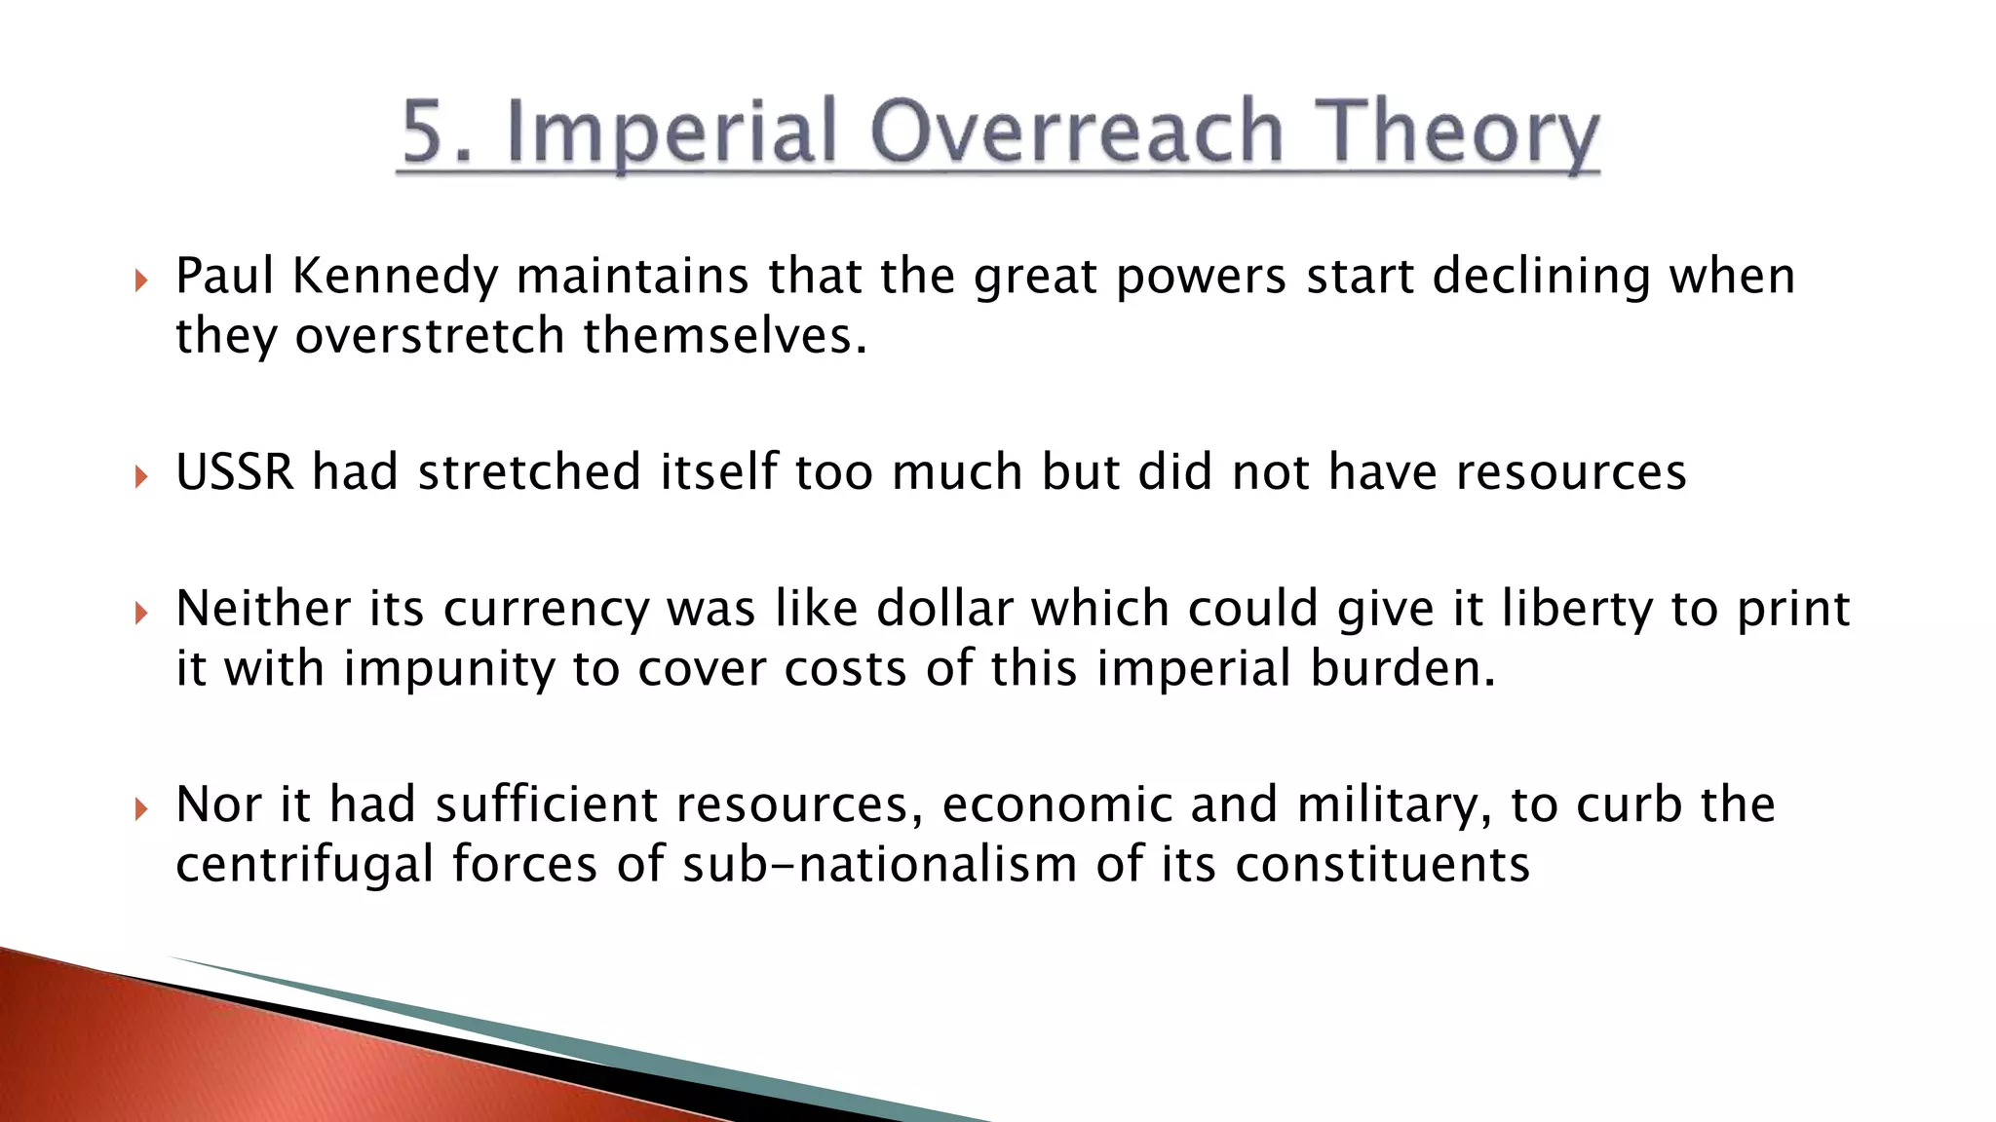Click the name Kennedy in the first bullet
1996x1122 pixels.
[395, 277]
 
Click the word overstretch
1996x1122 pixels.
[430, 336]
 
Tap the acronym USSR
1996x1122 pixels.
[235, 472]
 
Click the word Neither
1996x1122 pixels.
[262, 609]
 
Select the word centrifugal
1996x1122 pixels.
[304, 865]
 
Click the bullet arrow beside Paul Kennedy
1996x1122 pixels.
[141, 281]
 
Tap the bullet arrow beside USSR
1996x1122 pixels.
[141, 477]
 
